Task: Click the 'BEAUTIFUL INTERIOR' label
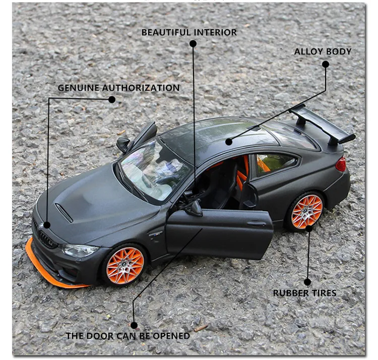pyautogui.click(x=188, y=32)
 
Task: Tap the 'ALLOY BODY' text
pyautogui.click(x=323, y=51)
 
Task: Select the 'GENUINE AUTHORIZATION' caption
pyautogui.click(x=118, y=88)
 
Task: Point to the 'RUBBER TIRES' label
pyautogui.click(x=304, y=293)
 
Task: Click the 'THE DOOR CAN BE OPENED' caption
pyautogui.click(x=128, y=336)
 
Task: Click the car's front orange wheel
pyautogui.click(x=125, y=265)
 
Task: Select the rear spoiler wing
pyautogui.click(x=323, y=124)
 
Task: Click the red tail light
pyautogui.click(x=341, y=164)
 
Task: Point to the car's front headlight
pyautogui.click(x=80, y=250)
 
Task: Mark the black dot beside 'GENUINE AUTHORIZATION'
pyautogui.click(x=112, y=100)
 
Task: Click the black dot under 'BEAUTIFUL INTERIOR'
pyautogui.click(x=193, y=44)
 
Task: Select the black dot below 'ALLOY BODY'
pyautogui.click(x=326, y=64)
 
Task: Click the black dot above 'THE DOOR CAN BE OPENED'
pyautogui.click(x=134, y=325)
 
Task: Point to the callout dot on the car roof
pyautogui.click(x=229, y=142)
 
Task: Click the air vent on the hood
pyautogui.click(x=64, y=212)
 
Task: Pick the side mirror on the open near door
pyautogui.click(x=194, y=208)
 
